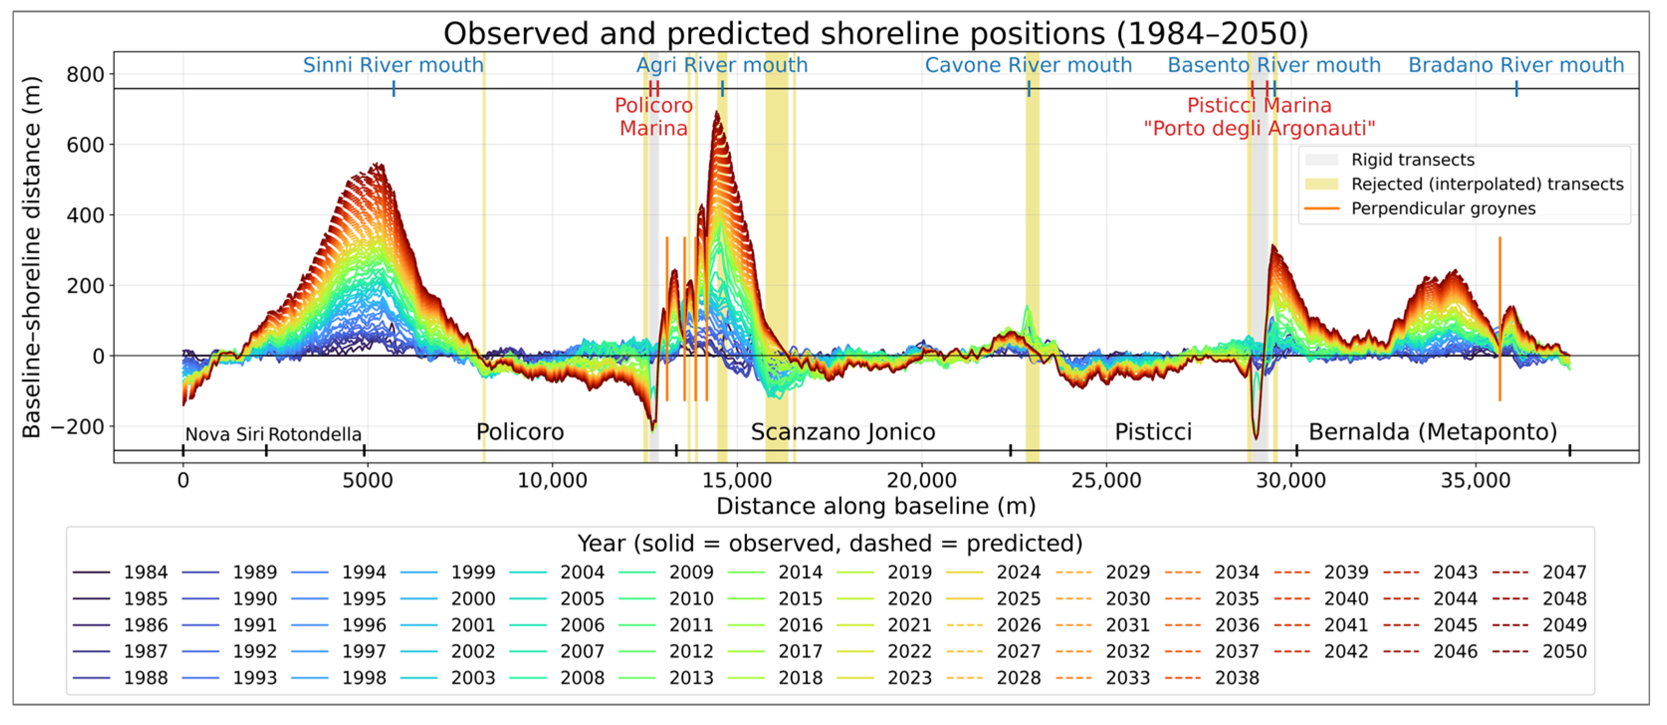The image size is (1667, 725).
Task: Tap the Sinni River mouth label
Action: tap(394, 65)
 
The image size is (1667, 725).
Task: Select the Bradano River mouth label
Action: tap(1516, 65)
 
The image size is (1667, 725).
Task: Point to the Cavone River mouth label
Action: tap(1028, 65)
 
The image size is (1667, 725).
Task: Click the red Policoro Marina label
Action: tap(653, 116)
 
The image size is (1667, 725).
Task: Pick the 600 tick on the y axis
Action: tap(86, 144)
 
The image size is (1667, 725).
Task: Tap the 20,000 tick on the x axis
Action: tap(922, 480)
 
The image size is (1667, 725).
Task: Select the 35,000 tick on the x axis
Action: tap(1475, 480)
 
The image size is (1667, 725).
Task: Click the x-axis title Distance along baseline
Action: tap(876, 506)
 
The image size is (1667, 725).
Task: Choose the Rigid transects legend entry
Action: tap(1413, 160)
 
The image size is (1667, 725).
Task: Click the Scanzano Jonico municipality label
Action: tap(842, 432)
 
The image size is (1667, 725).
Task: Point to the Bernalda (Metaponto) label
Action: tap(1433, 432)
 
